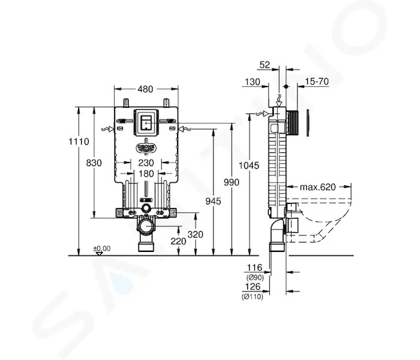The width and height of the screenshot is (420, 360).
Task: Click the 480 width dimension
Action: pos(145,89)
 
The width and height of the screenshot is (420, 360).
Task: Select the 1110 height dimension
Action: pos(79,141)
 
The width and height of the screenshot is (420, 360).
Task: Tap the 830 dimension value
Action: pos(94,163)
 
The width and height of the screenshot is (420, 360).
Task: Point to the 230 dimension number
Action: pos(146,163)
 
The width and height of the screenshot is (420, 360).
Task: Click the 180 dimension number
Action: pos(146,173)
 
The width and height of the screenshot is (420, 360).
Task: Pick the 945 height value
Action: pos(213,201)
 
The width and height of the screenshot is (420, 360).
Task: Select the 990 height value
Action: pos(232,182)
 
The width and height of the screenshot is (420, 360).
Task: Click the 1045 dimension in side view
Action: pos(249,166)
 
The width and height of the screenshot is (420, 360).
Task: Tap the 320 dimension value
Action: pos(195,235)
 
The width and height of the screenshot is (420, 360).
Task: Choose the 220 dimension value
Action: pos(178,241)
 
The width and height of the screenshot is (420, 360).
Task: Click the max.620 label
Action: pos(317,187)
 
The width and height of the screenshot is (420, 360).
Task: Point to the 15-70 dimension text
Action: pos(317,81)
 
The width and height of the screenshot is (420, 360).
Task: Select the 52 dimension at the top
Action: pos(265,65)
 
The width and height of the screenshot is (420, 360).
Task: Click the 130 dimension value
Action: pos(253,82)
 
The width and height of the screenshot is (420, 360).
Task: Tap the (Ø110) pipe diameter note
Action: pos(253,296)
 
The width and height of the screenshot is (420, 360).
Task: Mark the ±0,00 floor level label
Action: pos(102,248)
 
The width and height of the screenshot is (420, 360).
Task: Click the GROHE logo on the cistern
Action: pos(146,148)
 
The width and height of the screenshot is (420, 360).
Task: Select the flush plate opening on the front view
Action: pos(146,123)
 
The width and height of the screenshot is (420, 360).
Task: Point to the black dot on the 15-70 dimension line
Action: pos(286,86)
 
